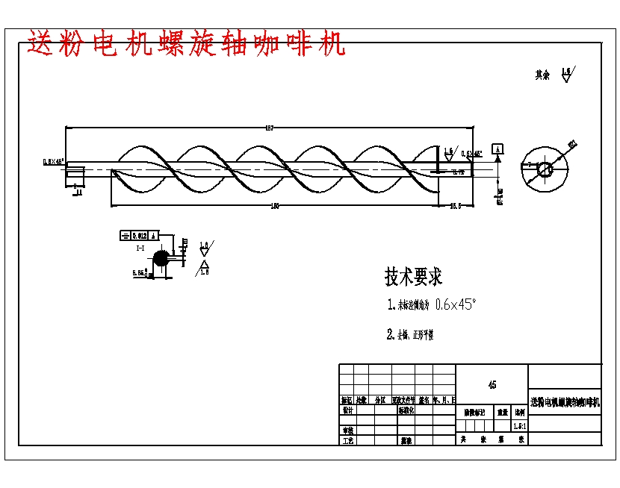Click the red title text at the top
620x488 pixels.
click(x=187, y=44)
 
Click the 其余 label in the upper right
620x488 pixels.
click(x=542, y=75)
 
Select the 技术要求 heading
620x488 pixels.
click(x=413, y=277)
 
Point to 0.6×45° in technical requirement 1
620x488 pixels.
click(x=455, y=304)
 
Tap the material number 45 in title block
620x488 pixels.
click(x=492, y=385)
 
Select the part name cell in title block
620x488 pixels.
click(x=565, y=402)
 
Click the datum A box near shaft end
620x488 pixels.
click(x=497, y=148)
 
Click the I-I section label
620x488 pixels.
click(x=140, y=247)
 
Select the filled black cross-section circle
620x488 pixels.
click(x=161, y=259)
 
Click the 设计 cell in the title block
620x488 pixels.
click(x=347, y=410)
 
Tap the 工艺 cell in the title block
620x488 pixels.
click(x=347, y=440)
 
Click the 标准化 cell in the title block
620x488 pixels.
click(x=407, y=410)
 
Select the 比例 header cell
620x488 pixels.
click(x=519, y=411)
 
